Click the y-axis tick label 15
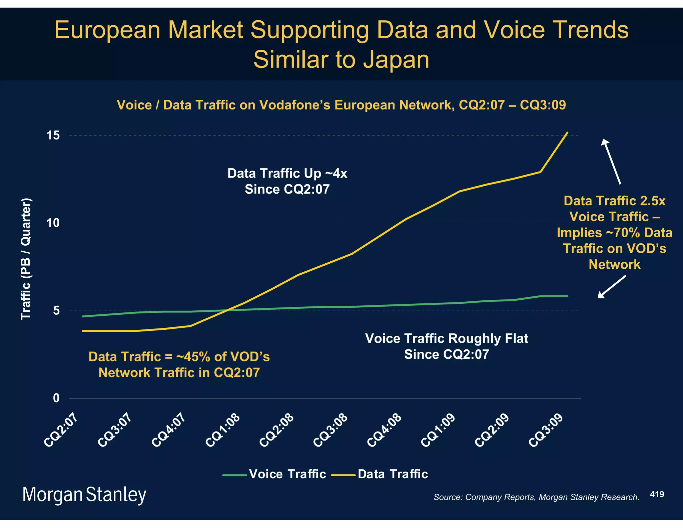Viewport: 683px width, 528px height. [x=53, y=136]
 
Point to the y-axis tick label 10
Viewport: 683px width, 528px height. [x=53, y=223]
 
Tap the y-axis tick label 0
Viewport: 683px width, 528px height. [x=56, y=398]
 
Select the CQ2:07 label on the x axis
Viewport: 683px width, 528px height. [x=61, y=430]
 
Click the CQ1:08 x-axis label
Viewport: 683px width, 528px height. [x=223, y=430]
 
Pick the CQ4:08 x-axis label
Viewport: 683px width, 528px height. [x=384, y=430]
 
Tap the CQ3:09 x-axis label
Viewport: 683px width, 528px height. [x=546, y=430]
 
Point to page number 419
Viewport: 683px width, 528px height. [x=657, y=494]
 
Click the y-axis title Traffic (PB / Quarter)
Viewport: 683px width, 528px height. [x=26, y=259]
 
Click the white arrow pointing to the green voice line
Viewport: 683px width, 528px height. [x=612, y=286]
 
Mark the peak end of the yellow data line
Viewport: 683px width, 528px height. [x=567, y=133]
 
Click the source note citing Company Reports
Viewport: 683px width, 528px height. [x=536, y=497]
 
